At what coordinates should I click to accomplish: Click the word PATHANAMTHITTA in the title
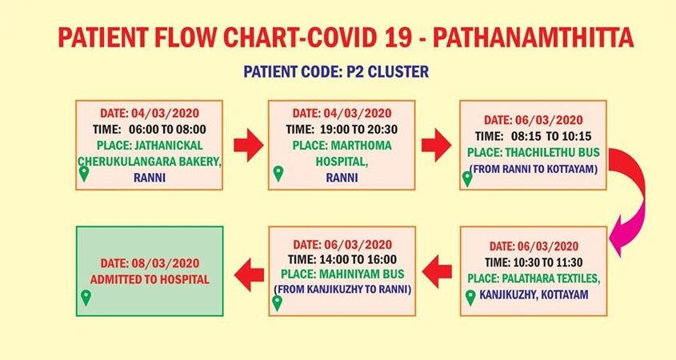(533, 38)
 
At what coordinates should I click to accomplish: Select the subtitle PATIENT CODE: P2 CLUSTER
(336, 71)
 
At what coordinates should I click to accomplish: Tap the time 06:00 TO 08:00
(167, 130)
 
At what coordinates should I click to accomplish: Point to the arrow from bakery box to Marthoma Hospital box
(248, 146)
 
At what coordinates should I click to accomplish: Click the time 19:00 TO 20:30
(358, 130)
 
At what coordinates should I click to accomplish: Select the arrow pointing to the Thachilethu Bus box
(436, 146)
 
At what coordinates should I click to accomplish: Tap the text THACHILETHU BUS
(552, 152)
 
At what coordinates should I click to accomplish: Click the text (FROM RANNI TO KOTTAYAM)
(534, 169)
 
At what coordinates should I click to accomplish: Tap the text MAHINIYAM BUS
(362, 274)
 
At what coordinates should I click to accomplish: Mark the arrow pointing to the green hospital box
(249, 274)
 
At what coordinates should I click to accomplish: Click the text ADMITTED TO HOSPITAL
(150, 279)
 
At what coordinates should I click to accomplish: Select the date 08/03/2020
(165, 263)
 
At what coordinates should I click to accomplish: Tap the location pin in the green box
(86, 297)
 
